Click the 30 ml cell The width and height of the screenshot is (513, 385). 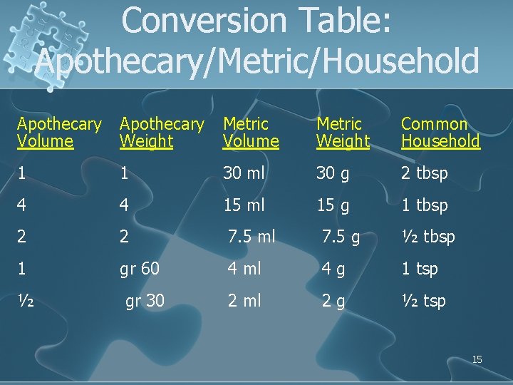[x=244, y=173]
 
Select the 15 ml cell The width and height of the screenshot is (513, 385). [x=244, y=205]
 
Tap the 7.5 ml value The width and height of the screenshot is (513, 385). [x=251, y=237]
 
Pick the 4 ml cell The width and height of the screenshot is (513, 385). [x=243, y=269]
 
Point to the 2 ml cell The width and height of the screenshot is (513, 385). [x=244, y=301]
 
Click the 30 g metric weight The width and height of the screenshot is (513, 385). [x=333, y=173]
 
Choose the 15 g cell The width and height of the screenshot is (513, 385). [x=333, y=205]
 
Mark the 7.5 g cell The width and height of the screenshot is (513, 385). [x=340, y=237]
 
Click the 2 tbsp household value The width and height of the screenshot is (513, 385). [x=425, y=173]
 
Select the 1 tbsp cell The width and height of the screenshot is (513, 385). [x=425, y=205]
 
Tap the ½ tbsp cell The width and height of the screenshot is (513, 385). [x=428, y=237]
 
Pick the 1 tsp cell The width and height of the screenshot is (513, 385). [x=420, y=269]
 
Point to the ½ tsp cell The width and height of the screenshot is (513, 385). [x=423, y=301]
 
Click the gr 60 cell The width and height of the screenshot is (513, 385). [x=140, y=269]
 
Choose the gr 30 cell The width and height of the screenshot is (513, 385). [x=145, y=301]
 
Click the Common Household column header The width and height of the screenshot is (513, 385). [x=440, y=133]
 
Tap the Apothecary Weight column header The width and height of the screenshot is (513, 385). [x=161, y=133]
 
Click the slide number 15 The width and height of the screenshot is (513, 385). [x=477, y=359]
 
